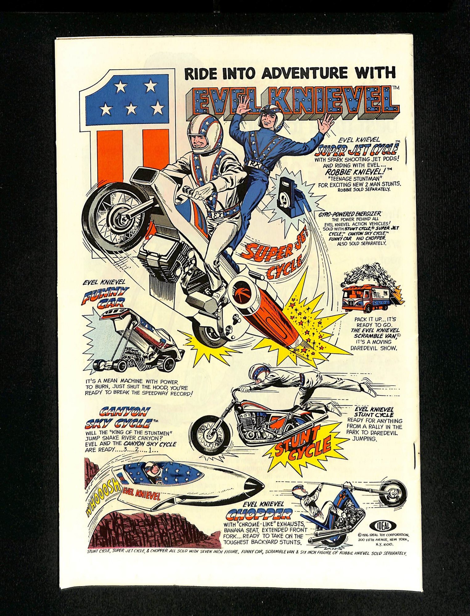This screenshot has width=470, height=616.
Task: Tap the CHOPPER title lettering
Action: tap(259, 513)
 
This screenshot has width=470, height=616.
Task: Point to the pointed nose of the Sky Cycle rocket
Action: tap(257, 486)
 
